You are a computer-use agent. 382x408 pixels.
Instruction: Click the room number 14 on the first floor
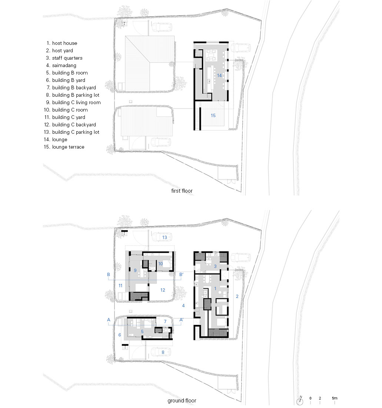coord(219,76)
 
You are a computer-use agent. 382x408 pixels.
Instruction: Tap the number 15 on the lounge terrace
coord(213,116)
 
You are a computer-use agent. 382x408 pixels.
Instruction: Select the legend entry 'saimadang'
coord(64,65)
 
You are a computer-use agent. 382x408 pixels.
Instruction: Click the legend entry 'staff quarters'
coord(67,58)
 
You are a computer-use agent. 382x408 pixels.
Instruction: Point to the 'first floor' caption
coord(182,191)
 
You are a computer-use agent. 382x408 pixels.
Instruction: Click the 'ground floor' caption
coord(182,401)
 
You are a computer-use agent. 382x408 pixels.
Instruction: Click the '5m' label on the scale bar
coord(335,398)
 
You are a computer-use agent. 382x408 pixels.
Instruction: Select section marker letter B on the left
coord(109,274)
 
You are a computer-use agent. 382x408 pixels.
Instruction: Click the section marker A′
coord(182,319)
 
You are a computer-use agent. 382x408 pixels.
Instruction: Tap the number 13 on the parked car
coord(165,237)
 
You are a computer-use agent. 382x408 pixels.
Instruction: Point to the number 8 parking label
coord(163,352)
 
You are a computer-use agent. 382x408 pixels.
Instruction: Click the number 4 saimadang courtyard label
coord(183,305)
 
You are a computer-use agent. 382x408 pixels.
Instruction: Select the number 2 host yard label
coord(237,296)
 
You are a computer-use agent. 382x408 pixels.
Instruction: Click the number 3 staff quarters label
coord(215,266)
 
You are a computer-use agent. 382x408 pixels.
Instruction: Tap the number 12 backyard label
coord(163,290)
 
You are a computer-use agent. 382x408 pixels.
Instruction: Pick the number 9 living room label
coord(135,271)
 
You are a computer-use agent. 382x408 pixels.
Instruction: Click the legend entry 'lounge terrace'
coord(68,147)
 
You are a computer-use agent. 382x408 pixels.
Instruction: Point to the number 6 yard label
coord(120,335)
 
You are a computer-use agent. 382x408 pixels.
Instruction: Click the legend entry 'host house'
coord(64,43)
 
